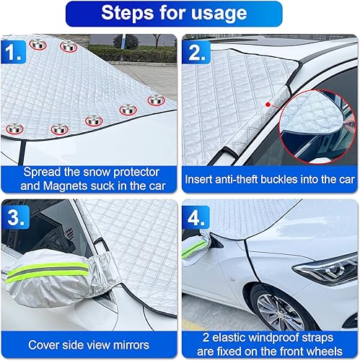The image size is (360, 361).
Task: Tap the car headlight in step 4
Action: [325, 271]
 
